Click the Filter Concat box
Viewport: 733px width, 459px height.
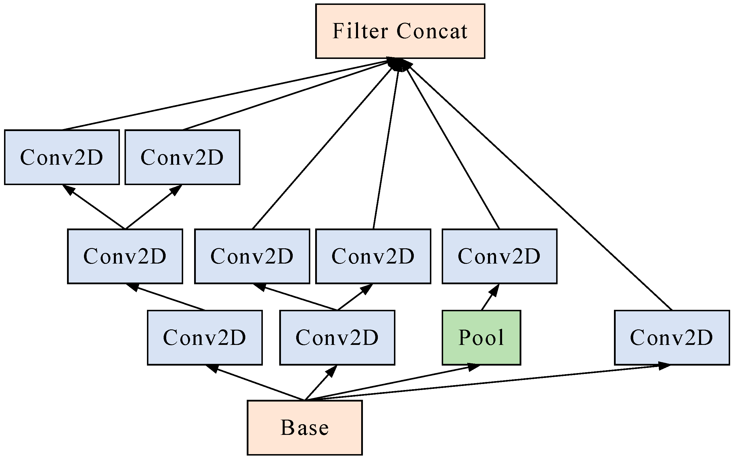pyautogui.click(x=400, y=31)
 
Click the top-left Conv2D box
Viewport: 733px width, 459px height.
pyautogui.click(x=62, y=157)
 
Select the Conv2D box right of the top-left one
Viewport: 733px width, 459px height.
pyautogui.click(x=182, y=157)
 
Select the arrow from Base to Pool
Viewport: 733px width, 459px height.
pyautogui.click(x=392, y=383)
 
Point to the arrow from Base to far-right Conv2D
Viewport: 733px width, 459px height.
pyautogui.click(x=486, y=383)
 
